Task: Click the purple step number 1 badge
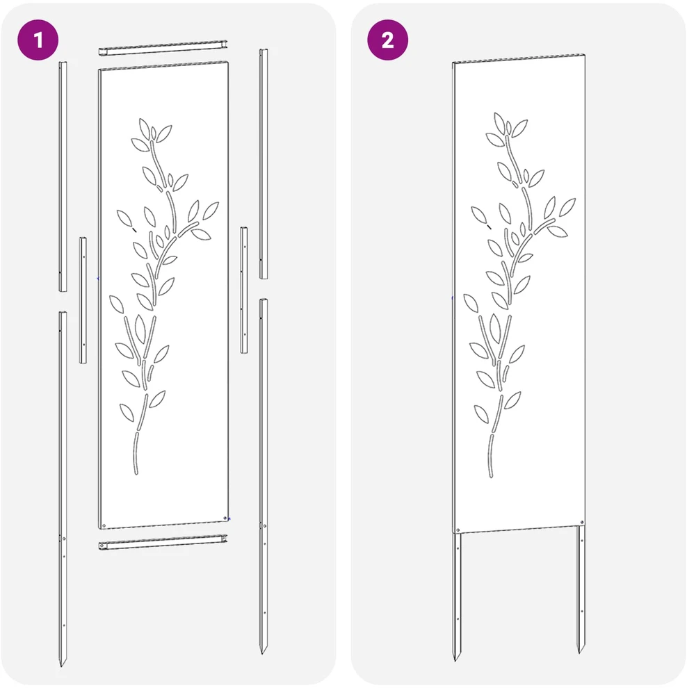(38, 40)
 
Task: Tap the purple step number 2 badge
(387, 40)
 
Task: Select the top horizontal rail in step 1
(163, 47)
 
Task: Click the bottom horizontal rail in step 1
(163, 542)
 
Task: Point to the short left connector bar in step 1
(83, 300)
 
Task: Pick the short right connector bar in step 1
(243, 290)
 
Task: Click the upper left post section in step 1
(63, 177)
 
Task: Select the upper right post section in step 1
(264, 164)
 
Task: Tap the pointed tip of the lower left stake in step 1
(61, 666)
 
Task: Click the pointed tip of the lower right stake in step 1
(262, 653)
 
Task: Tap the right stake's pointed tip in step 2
(581, 652)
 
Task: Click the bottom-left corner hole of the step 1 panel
(104, 525)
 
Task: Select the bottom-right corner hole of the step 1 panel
(225, 518)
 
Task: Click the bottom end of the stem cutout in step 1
(136, 473)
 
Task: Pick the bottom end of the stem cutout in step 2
(491, 475)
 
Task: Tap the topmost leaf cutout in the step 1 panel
(144, 128)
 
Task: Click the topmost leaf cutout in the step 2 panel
(499, 122)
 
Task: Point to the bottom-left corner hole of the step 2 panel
(458, 531)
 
